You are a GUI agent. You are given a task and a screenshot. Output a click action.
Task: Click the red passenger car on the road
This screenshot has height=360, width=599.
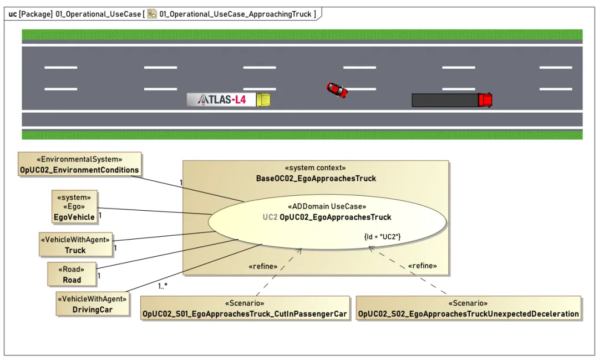click(337, 90)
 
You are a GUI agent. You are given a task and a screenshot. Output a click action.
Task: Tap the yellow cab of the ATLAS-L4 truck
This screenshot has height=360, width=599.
click(263, 100)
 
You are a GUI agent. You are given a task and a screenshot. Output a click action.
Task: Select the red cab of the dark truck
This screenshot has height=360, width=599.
click(485, 100)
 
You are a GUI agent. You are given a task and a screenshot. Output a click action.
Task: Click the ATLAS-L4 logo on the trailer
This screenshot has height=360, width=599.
click(221, 100)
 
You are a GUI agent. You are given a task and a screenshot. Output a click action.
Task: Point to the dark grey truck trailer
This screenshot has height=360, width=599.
click(445, 100)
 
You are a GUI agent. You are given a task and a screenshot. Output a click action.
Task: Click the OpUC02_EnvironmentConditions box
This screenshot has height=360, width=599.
click(79, 164)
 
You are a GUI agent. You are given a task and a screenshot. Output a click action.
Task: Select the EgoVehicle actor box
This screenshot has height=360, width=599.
click(74, 207)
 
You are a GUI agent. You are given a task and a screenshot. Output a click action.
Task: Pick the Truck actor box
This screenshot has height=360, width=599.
click(75, 245)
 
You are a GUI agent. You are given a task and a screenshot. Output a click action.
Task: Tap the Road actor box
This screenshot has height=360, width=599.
click(72, 274)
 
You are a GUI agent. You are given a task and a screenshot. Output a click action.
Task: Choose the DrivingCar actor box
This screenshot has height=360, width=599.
click(92, 304)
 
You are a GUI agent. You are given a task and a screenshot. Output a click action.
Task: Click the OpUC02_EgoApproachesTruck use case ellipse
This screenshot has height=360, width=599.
click(327, 222)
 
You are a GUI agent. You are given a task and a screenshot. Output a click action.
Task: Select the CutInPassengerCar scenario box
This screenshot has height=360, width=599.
click(245, 308)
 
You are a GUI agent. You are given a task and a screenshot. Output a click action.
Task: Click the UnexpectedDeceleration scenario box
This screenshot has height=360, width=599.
click(468, 308)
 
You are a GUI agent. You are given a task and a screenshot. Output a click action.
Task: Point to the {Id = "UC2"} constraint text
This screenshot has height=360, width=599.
click(382, 236)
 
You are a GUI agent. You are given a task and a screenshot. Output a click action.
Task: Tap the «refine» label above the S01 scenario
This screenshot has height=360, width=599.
click(263, 266)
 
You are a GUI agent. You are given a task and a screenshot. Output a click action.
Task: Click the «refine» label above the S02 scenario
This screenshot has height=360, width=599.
click(422, 266)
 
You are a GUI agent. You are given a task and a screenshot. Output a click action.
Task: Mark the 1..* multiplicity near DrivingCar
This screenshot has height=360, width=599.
click(163, 286)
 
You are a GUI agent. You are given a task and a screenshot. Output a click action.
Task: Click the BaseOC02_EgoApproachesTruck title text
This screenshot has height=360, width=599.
click(316, 179)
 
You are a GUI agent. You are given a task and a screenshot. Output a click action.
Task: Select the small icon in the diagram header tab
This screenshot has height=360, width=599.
click(152, 14)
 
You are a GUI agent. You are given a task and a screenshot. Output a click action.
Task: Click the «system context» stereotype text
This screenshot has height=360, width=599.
click(315, 168)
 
